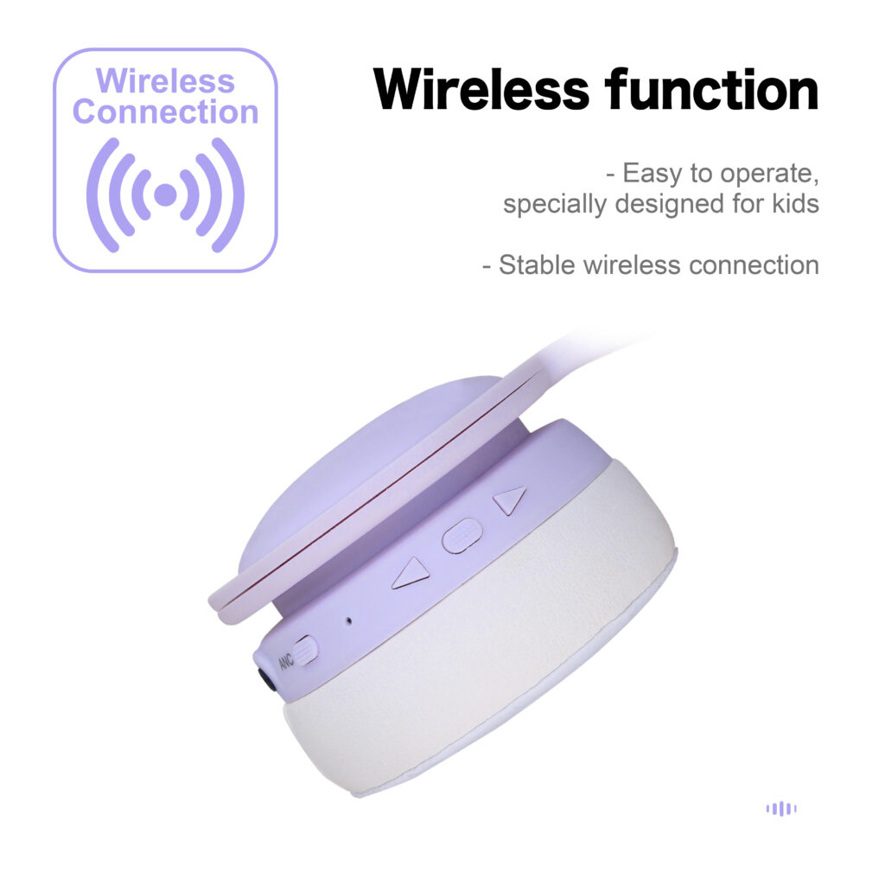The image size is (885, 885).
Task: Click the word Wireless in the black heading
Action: [x=481, y=90]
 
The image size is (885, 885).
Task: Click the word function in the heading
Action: [x=712, y=89]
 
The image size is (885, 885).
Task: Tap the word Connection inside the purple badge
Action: [x=165, y=111]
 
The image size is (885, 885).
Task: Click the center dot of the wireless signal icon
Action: [x=165, y=194]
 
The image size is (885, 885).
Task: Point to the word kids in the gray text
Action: [x=796, y=203]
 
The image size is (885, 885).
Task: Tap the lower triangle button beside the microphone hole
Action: [x=411, y=574]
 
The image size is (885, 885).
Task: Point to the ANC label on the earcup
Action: [x=286, y=661]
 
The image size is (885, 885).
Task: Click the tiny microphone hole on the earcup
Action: [x=349, y=621]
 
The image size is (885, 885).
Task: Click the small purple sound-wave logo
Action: [x=781, y=808]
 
